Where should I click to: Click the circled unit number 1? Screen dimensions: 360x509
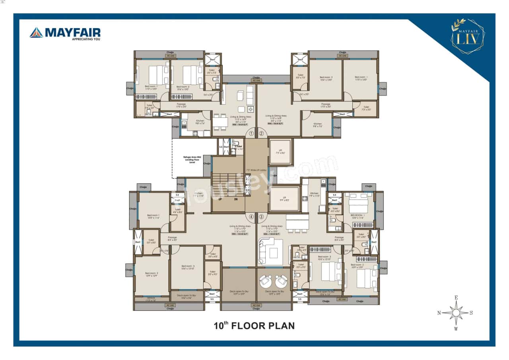click(x=251, y=134)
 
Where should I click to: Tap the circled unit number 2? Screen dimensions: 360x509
click(x=261, y=134)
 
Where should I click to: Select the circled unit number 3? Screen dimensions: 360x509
click(x=261, y=217)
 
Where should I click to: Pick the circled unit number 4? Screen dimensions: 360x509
click(x=251, y=217)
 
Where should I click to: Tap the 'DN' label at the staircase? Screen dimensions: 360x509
click(x=236, y=199)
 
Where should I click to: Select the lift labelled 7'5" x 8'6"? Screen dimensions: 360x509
click(x=280, y=152)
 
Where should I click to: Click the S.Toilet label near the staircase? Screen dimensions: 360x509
click(x=238, y=147)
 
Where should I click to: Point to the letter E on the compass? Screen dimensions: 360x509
click(x=457, y=298)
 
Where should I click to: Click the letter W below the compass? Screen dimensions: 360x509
click(x=457, y=329)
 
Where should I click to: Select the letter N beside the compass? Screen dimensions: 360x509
click(x=439, y=313)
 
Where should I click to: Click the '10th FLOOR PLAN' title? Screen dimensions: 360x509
click(x=254, y=326)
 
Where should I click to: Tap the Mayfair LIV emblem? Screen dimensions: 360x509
click(x=468, y=36)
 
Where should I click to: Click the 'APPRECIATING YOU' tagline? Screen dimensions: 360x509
click(x=86, y=39)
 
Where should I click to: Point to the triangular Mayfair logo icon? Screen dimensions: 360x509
click(x=36, y=33)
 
